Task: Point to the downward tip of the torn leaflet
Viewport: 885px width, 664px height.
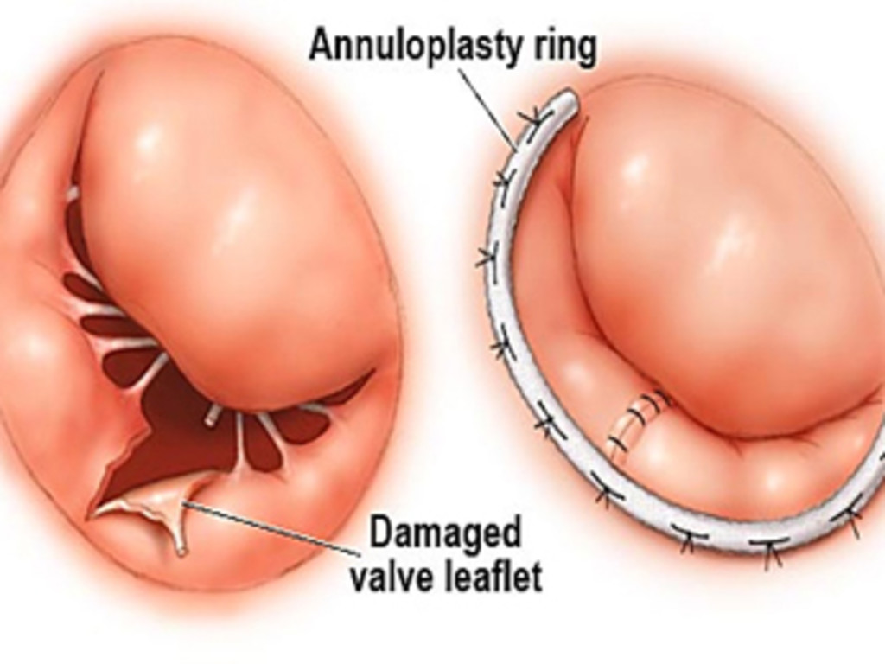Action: (x=181, y=548)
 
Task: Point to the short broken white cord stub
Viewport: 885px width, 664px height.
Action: (x=211, y=417)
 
